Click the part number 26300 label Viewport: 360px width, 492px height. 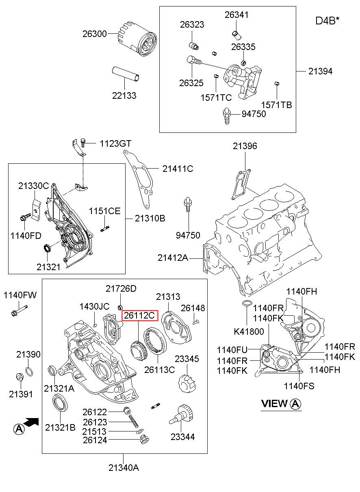pyautogui.click(x=94, y=34)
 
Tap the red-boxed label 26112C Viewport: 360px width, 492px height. pyautogui.click(x=140, y=316)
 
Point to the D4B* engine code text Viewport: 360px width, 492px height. pyautogui.click(x=327, y=21)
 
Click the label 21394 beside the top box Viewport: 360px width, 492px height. pyautogui.click(x=320, y=72)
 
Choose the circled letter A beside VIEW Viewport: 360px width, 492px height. pyautogui.click(x=295, y=403)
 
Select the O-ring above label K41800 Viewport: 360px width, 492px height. pyautogui.click(x=246, y=303)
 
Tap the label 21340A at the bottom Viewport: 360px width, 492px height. pyautogui.click(x=124, y=468)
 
